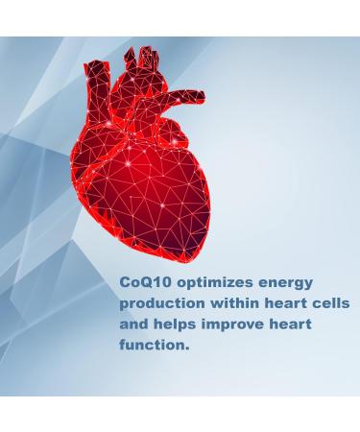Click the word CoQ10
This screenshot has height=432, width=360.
point(144,284)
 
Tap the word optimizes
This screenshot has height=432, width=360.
point(212,285)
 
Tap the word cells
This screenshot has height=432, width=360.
point(335,303)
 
